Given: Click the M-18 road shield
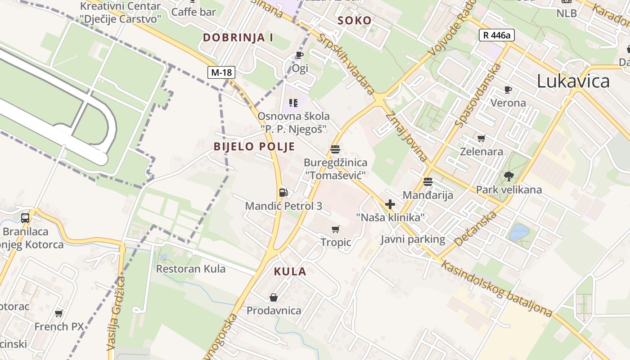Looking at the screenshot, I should point(221,72).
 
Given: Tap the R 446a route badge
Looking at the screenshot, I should point(496,35).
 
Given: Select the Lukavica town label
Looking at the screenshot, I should point(573,81).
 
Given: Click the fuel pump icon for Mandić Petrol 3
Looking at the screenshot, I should point(283,193).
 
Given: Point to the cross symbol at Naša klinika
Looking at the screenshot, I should point(390,204).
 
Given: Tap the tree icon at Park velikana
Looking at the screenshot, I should point(509,176).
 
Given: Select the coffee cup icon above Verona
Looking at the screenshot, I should point(508,90).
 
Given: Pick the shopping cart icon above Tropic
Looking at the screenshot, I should point(335,229).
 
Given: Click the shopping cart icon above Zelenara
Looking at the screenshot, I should point(481,138).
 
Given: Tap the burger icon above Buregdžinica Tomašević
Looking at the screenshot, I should point(335,149).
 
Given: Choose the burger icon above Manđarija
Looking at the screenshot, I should point(427,182).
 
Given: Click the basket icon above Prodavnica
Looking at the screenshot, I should point(273,297).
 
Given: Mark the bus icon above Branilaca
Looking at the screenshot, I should point(25,218).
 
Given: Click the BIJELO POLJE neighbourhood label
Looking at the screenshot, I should point(254,146).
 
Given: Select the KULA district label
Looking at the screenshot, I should point(290,271).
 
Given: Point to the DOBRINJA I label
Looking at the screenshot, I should point(238,37).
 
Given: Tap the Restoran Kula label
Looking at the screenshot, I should point(190,269).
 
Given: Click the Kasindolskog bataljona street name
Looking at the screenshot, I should point(496,288).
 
